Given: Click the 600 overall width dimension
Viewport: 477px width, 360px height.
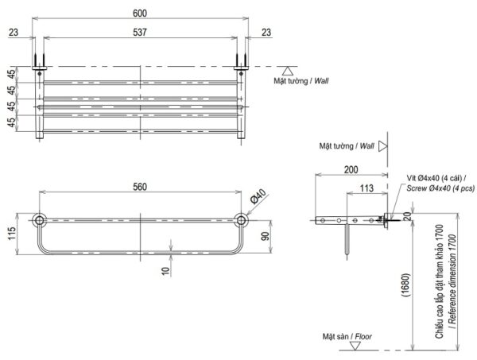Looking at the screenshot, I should point(140,14).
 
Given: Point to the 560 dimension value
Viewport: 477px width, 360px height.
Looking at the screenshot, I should point(140,188).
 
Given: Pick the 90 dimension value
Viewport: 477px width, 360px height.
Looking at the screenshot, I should point(266,237).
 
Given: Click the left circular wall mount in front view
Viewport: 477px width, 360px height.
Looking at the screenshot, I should point(39,219).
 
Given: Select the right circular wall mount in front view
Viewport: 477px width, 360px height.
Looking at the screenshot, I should point(242,219).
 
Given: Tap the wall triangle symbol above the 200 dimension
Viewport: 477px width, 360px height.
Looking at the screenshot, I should point(383,146).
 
